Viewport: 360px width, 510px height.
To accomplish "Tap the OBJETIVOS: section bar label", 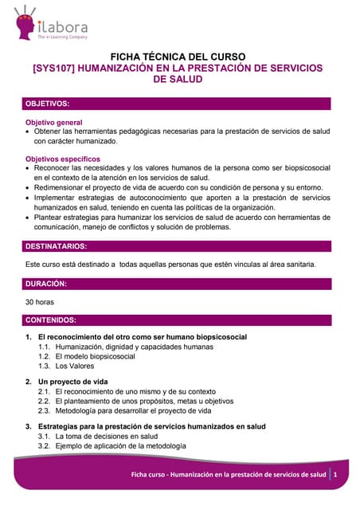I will click(x=49, y=104).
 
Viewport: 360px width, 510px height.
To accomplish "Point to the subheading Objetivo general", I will click(x=54, y=122).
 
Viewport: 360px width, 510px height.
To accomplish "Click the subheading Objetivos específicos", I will click(x=63, y=159).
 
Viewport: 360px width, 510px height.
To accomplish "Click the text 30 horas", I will click(x=40, y=302).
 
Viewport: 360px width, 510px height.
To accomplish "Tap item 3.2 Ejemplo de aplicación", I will click(x=120, y=446).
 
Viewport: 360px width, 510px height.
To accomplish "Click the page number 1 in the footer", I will click(x=336, y=475).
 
